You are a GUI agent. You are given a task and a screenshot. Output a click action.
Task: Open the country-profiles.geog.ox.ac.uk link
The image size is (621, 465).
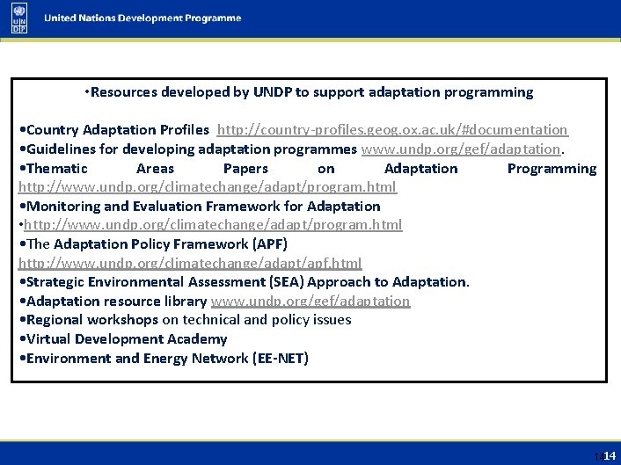(x=392, y=130)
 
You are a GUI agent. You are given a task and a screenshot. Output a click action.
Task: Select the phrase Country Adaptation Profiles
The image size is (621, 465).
(x=118, y=130)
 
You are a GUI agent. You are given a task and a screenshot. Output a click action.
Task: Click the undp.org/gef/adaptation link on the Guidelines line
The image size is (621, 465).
(x=461, y=149)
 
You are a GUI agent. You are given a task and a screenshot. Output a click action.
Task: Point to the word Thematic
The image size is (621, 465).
(x=57, y=169)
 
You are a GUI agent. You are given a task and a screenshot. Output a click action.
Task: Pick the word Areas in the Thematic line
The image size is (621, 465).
(x=155, y=169)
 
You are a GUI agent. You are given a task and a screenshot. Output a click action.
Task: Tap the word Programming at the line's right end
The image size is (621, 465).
(x=552, y=169)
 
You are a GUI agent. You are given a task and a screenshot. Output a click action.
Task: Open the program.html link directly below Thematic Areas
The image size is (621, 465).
(x=208, y=187)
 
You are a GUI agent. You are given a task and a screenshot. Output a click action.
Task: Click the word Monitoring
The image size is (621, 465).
(x=63, y=207)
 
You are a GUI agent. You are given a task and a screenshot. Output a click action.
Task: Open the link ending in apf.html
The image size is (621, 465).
(x=190, y=264)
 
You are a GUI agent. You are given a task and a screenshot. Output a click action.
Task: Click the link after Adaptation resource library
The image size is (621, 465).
(x=310, y=302)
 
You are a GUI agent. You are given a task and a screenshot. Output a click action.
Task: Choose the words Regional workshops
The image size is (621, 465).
(x=92, y=320)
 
